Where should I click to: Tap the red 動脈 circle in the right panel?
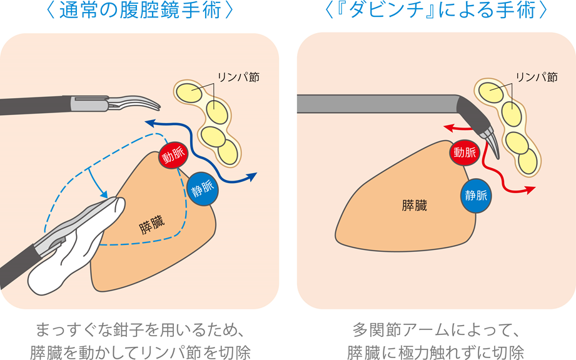464,152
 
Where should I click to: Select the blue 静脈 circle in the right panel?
476,195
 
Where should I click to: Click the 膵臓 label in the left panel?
152,227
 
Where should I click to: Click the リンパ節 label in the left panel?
238,77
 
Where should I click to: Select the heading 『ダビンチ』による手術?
436,12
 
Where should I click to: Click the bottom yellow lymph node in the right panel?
528,162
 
